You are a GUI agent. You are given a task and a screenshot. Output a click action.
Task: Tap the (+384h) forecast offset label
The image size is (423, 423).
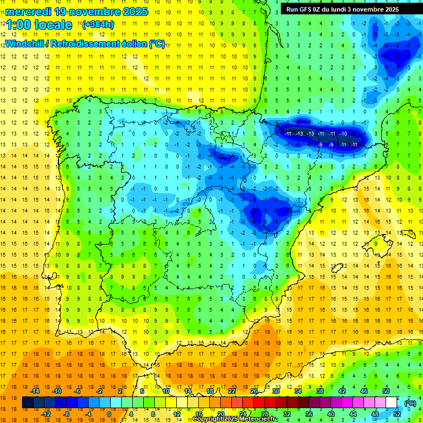click(97, 24)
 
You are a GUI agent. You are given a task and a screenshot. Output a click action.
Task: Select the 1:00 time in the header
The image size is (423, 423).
click(18, 25)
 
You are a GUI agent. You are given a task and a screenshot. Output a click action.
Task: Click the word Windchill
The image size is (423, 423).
click(25, 44)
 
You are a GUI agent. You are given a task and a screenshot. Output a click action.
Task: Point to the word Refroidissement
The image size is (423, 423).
click(93, 44)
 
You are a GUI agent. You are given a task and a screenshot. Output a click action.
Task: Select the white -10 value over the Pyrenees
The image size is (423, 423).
click(343, 134)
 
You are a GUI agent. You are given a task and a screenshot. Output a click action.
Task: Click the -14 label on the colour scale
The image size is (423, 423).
click(35, 391)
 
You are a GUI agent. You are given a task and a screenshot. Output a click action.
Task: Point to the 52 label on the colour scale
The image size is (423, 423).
click(397, 414)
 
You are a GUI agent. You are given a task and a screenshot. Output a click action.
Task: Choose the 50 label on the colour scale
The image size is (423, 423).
click(387, 391)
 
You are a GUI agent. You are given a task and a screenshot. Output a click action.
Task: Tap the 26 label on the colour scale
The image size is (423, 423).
click(254, 391)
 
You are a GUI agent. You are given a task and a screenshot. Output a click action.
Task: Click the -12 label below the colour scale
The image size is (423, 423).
click(46, 414)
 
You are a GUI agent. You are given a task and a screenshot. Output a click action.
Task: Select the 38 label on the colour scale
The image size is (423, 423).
click(320, 391)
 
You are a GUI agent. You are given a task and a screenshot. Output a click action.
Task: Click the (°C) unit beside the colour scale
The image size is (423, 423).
click(410, 403)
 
